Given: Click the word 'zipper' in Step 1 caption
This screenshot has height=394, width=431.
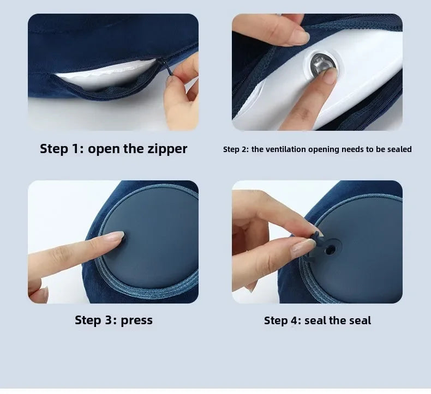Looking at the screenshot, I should click(x=165, y=149).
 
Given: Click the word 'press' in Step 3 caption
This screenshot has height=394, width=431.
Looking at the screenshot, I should click(x=136, y=320).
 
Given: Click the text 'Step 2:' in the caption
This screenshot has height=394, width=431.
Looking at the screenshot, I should click(x=236, y=149).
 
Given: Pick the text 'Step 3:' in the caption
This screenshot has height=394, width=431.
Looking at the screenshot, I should click(x=96, y=320).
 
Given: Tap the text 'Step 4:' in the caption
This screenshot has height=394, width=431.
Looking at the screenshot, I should click(x=282, y=320).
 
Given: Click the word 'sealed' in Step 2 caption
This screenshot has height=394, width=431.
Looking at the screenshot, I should click(x=399, y=149).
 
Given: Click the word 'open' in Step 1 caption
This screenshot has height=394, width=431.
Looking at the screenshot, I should click(x=105, y=149).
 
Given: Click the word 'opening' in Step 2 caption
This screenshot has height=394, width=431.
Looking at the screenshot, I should click(x=323, y=149).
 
